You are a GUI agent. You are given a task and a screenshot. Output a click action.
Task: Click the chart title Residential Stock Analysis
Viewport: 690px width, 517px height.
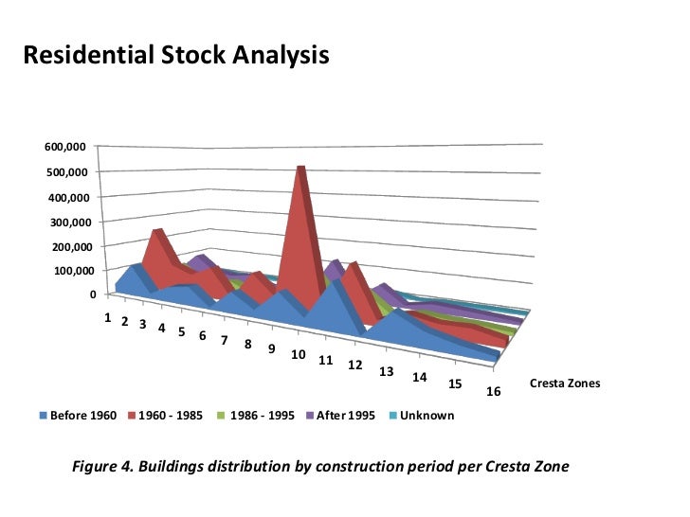176,55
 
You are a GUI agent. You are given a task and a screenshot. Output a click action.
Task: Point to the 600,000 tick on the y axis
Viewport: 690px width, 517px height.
65,147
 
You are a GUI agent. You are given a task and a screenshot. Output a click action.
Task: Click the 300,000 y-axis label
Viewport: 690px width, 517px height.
71,223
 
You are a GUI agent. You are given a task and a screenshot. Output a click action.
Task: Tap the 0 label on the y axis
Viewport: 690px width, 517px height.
93,294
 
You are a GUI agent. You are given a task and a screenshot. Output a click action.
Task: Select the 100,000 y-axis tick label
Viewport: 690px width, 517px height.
74,271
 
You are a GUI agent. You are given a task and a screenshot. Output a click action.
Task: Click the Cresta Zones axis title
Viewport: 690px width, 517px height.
565,383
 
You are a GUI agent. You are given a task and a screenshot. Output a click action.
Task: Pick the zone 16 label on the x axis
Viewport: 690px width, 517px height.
493,391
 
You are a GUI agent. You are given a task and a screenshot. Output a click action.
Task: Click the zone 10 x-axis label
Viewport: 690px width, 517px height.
298,354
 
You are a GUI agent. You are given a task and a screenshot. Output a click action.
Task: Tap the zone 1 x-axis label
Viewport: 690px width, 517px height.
108,317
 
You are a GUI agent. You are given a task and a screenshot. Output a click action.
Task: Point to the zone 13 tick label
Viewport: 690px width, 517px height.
386,372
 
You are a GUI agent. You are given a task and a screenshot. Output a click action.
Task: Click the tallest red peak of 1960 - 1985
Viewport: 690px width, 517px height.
301,167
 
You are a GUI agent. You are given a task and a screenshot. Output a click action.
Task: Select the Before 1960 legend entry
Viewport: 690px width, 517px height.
78,416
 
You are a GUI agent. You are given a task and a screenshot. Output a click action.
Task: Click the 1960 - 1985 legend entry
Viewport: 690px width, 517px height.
166,416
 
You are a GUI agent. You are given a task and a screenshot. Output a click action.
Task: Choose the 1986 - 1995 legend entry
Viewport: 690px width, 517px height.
256,416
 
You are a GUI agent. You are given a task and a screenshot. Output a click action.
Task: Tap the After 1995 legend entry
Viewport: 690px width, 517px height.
340,416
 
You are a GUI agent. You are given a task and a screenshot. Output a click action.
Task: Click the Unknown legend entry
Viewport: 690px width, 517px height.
422,416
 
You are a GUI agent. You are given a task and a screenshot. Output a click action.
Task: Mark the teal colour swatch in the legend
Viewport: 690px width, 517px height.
393,416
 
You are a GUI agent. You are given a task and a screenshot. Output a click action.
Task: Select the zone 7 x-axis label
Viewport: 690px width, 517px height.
225,340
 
